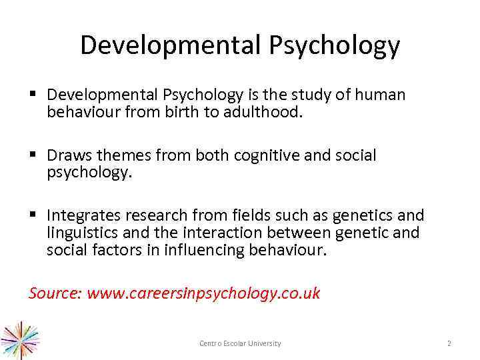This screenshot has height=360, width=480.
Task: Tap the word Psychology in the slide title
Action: pos(335,45)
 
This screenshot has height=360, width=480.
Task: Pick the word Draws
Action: pos(70,155)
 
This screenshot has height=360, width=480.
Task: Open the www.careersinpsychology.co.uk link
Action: pos(203,293)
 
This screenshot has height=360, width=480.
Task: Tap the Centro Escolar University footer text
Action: pos(240,343)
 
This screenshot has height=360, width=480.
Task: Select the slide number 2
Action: pos(449,343)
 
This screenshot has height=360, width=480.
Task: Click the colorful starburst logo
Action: pos(20,341)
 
